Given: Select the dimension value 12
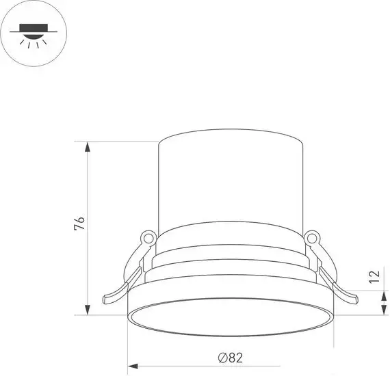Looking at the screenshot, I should click(373, 277).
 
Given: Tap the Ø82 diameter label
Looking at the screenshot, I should click(231, 355).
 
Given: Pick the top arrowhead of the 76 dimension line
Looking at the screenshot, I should click(87, 146).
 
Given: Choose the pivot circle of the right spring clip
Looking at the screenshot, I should click(313, 239).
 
